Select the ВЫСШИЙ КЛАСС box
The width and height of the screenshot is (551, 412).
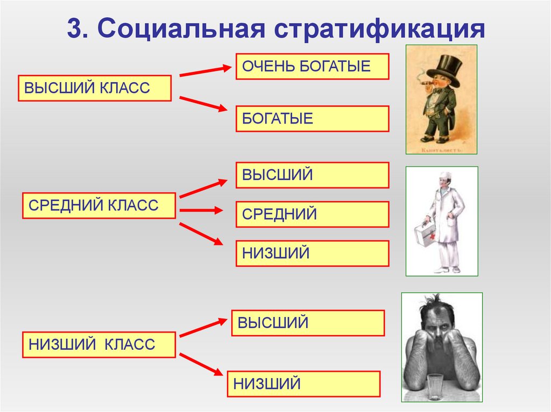pos(95,88)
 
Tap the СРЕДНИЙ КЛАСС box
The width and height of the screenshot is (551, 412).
pos(98,205)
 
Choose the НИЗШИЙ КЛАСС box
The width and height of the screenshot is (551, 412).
pos(98,344)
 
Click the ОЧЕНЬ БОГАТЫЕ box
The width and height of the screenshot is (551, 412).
pos(312,67)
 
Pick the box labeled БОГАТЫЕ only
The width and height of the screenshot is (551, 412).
pos(312,119)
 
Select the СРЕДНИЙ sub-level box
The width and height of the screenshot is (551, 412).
pos(312,214)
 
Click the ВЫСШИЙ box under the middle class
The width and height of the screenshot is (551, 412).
pos(312,175)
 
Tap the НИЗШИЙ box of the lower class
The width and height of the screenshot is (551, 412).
pos(303,384)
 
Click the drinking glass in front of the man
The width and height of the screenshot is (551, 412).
pos(435,386)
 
